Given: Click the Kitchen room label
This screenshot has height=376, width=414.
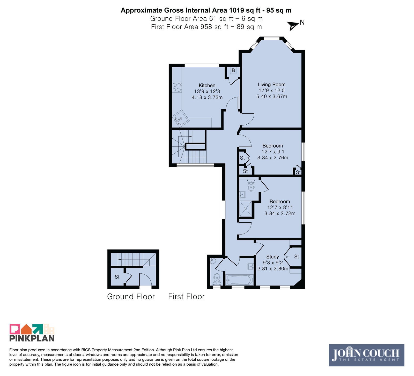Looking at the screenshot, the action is click(207, 86).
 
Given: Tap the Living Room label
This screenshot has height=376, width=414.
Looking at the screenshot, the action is click(272, 84).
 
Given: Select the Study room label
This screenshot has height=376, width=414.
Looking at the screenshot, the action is click(272, 257).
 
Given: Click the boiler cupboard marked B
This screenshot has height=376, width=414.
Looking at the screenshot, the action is click(233, 70).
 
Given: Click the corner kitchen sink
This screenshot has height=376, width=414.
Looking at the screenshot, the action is click(180, 119).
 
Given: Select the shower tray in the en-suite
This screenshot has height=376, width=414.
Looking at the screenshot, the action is click(246, 209).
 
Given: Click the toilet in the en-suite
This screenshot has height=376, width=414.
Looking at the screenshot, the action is click(251, 185).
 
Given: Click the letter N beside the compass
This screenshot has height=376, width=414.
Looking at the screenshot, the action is click(302, 23).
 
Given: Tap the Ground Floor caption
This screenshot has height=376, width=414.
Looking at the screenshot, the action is click(131, 297).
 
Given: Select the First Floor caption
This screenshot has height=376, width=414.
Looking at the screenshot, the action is click(186, 297).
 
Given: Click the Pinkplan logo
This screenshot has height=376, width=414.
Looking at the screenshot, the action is click(32, 332).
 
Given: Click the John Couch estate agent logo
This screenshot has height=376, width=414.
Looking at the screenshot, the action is click(366, 355).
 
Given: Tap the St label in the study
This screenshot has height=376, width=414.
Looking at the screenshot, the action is click(297, 257).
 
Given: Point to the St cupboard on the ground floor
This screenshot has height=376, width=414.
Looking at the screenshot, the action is click(117, 277).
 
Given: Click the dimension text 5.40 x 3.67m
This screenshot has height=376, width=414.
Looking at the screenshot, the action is click(272, 96).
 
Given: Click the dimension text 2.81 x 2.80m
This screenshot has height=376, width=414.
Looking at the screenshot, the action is click(273, 269).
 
